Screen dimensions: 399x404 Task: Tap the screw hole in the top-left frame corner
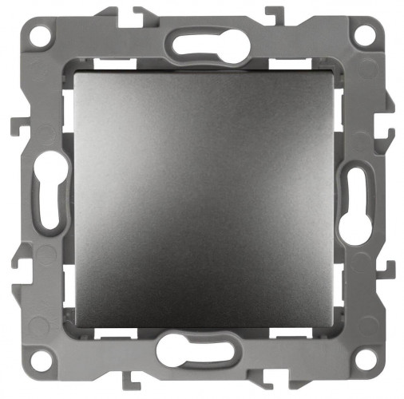(40, 35)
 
